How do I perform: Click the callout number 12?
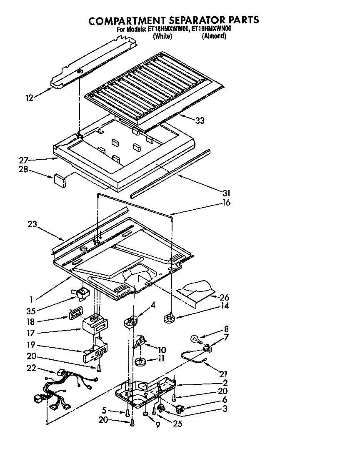(29, 98)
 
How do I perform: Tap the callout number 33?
(200, 120)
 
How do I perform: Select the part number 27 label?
(23, 160)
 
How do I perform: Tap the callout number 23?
(32, 224)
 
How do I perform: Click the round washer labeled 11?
(140, 361)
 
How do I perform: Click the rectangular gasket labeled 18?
(75, 313)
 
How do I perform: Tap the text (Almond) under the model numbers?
(214, 36)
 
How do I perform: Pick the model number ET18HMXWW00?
(167, 29)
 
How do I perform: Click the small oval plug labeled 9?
(145, 414)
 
